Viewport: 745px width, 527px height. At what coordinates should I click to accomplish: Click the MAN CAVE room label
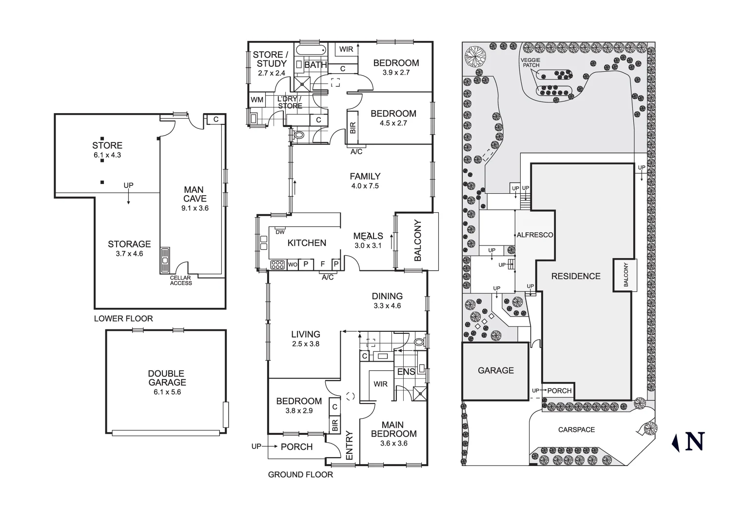tap(195, 194)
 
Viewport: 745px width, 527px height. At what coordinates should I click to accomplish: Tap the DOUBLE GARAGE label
tap(167, 378)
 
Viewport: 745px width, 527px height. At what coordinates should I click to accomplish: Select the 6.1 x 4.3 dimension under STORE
tap(107, 155)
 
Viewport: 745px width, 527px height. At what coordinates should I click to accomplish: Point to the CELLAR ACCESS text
tap(181, 281)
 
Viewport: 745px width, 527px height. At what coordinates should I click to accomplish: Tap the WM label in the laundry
tap(257, 100)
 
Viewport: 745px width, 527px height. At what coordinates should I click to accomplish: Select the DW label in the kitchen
tap(280, 232)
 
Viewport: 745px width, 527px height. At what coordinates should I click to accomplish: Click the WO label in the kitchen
tap(293, 264)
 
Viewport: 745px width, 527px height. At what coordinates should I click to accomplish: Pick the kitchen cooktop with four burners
tap(277, 264)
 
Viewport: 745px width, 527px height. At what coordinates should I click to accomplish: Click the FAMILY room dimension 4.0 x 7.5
tap(365, 186)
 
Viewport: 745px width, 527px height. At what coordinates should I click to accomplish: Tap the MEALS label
tap(368, 236)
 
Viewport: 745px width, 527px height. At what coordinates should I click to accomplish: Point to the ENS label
tap(406, 372)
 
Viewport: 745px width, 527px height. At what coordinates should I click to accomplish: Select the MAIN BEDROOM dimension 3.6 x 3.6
tap(393, 444)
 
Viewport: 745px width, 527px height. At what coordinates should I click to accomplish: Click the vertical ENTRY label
tap(349, 445)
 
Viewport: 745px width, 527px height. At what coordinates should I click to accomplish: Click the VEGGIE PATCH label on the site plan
tap(530, 62)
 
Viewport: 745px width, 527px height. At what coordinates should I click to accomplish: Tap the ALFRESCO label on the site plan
tap(535, 235)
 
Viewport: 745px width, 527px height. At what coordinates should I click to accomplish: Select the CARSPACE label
tap(576, 430)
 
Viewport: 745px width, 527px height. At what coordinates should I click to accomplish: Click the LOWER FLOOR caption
tap(123, 319)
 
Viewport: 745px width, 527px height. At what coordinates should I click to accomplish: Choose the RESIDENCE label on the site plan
tap(576, 276)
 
